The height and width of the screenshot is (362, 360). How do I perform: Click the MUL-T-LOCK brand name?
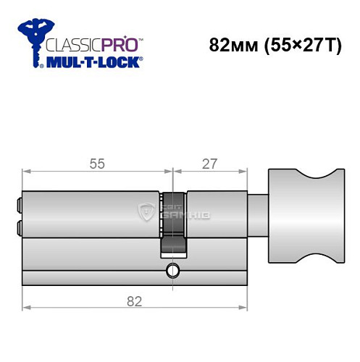coord(92,62)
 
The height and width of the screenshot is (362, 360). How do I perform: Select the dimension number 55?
coord(97,164)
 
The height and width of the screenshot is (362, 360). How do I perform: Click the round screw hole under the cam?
coord(172,271)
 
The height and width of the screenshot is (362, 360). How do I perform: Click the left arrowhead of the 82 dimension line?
coord(25,307)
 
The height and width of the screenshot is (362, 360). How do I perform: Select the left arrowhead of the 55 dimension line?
coord(25,172)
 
